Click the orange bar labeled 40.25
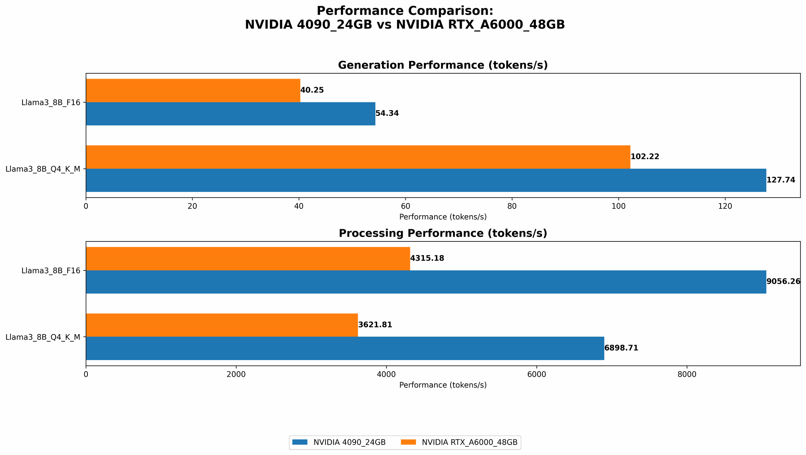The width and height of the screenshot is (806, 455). point(193,90)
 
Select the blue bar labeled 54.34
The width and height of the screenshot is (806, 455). point(230,114)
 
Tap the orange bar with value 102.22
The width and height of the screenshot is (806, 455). point(358,157)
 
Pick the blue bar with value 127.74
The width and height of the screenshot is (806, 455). point(426,180)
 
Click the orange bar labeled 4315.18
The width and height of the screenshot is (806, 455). point(248,258)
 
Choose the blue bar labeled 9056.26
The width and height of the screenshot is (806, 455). point(426,282)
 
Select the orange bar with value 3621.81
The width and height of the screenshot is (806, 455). point(222,325)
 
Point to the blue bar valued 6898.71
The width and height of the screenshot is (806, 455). point(345,348)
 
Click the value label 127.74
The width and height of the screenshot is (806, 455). point(781,180)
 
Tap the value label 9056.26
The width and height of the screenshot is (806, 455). point(783,282)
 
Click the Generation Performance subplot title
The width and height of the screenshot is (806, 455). point(442,65)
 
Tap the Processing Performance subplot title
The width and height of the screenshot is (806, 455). point(442,233)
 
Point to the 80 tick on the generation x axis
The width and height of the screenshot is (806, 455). point(512,206)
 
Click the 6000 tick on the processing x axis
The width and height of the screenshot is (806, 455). point(536,374)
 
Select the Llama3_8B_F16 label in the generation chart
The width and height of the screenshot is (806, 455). point(50,102)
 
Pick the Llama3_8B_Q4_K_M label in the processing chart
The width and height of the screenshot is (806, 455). point(43,337)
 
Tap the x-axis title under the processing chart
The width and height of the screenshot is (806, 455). point(442,385)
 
